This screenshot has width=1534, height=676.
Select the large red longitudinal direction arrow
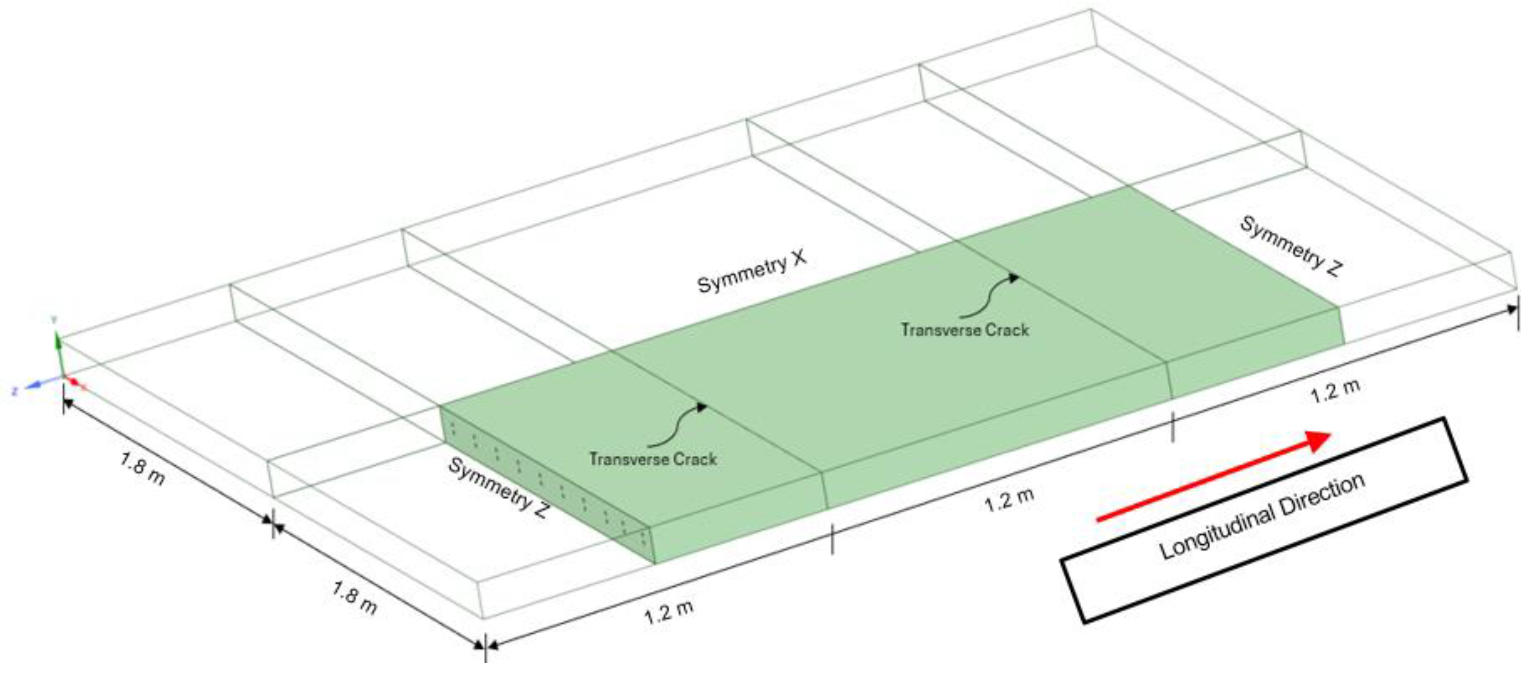(1215, 476)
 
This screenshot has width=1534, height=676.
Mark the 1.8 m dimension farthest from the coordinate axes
(354, 598)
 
